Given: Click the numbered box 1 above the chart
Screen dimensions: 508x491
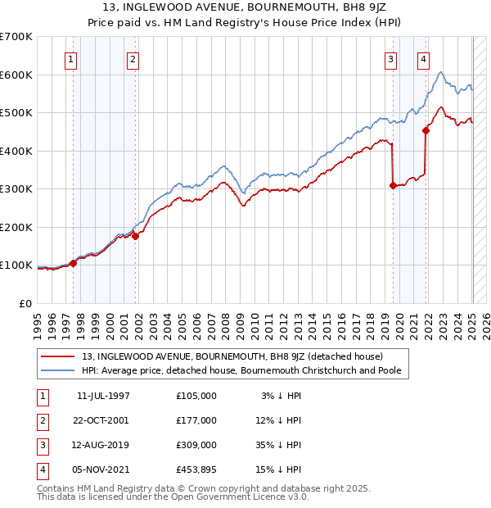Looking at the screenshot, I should (x=71, y=58).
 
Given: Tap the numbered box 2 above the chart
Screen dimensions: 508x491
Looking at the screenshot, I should (x=133, y=58).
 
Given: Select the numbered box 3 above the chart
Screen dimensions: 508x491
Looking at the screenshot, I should (x=391, y=58).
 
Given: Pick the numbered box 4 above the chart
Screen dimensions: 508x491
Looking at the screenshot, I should (x=423, y=58).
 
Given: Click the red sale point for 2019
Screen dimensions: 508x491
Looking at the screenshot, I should (x=393, y=185).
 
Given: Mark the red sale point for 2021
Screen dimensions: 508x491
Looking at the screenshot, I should (x=426, y=130).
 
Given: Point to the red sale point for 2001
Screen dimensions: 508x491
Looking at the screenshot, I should (x=136, y=236).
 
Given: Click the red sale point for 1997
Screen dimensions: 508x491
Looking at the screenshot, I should (x=74, y=263).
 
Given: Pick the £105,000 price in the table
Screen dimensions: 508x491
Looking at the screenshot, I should (x=196, y=395).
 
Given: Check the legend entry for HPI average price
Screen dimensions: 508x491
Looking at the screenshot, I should (x=245, y=371).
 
